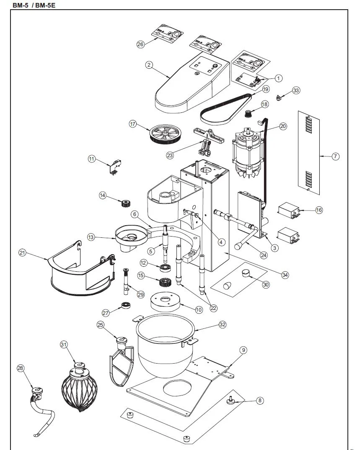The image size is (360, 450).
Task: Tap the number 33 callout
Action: tap(296, 90)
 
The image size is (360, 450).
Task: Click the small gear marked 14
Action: tap(124, 204)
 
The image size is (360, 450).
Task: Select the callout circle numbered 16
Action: tap(319, 210)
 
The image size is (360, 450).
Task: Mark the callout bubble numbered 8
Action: tap(260, 401)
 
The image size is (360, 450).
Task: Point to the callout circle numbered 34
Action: tap(285, 275)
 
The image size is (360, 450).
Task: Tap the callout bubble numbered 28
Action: tap(21, 368)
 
